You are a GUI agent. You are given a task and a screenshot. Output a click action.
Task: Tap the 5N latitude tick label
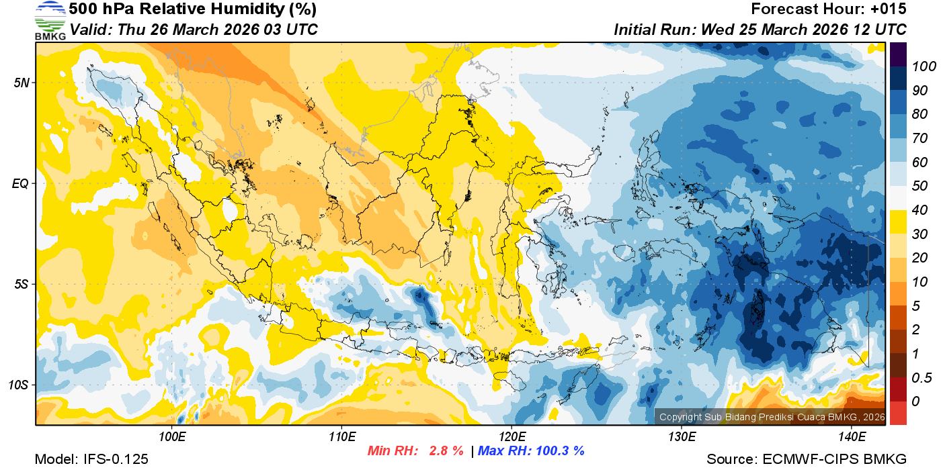coord(21,83)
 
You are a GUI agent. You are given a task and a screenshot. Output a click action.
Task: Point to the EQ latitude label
coord(20,183)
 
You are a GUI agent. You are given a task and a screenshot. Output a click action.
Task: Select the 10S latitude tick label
coord(19,385)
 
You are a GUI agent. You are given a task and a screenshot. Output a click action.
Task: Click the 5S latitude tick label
coord(21,284)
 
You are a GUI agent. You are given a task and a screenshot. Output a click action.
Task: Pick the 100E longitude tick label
coord(172,437)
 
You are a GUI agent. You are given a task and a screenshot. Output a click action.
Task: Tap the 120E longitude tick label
coord(512,437)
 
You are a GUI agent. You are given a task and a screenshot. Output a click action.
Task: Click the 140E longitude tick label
coord(851,437)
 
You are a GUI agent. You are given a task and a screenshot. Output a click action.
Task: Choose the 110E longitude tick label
coord(341,437)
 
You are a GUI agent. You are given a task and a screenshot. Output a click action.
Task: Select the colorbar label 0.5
coord(919,377)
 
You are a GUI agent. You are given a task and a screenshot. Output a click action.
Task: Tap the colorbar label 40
coord(919,211)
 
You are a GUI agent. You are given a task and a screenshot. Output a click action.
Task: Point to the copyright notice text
coord(772,417)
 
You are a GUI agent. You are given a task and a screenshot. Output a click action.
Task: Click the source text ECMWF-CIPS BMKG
coord(834,460)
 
